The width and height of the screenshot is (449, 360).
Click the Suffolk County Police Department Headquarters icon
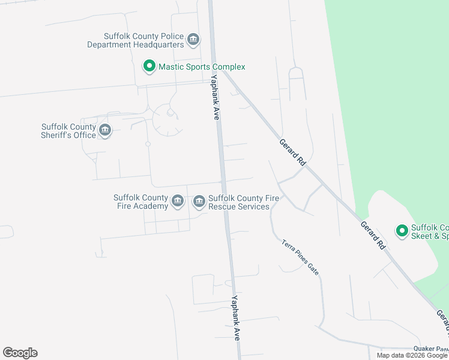pyautogui.click(x=193, y=40)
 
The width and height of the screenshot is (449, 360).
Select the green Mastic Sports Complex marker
pyautogui.click(x=149, y=67)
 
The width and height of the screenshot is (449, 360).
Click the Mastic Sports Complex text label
pyautogui.click(x=202, y=67)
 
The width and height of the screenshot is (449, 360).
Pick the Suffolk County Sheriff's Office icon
pyautogui.click(x=105, y=131)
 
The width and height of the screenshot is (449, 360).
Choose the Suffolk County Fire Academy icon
pyautogui.click(x=177, y=202)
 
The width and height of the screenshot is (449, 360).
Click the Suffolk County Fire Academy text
pyautogui.click(x=141, y=202)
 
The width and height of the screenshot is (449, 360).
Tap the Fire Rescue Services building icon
pyautogui.click(x=199, y=202)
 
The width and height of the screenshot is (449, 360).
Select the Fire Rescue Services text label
pyautogui.click(x=238, y=202)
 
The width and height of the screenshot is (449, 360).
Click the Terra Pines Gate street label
pyautogui.click(x=300, y=257)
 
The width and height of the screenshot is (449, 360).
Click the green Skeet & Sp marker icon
pyautogui.click(x=401, y=230)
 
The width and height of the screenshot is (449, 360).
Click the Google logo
pyautogui.click(x=20, y=353)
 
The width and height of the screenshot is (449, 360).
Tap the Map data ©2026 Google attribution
pyautogui.click(x=412, y=355)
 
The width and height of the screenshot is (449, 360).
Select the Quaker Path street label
pyautogui.click(x=431, y=349)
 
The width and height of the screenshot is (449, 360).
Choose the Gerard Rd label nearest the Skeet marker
pyautogui.click(x=372, y=235)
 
